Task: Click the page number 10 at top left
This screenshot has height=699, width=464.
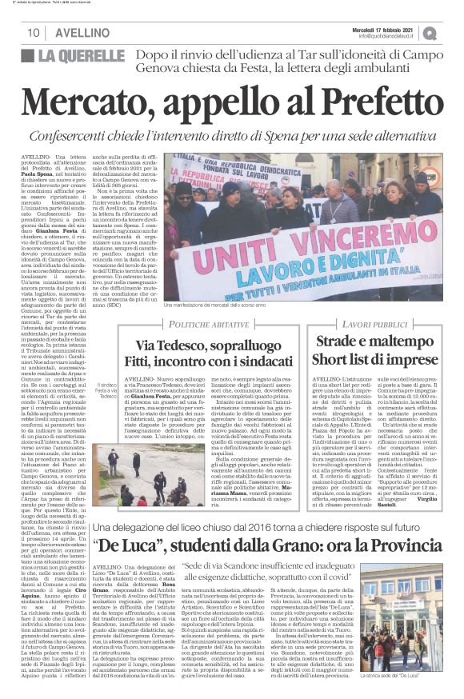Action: point(34,33)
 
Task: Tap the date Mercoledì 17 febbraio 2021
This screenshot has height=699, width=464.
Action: point(386,28)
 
